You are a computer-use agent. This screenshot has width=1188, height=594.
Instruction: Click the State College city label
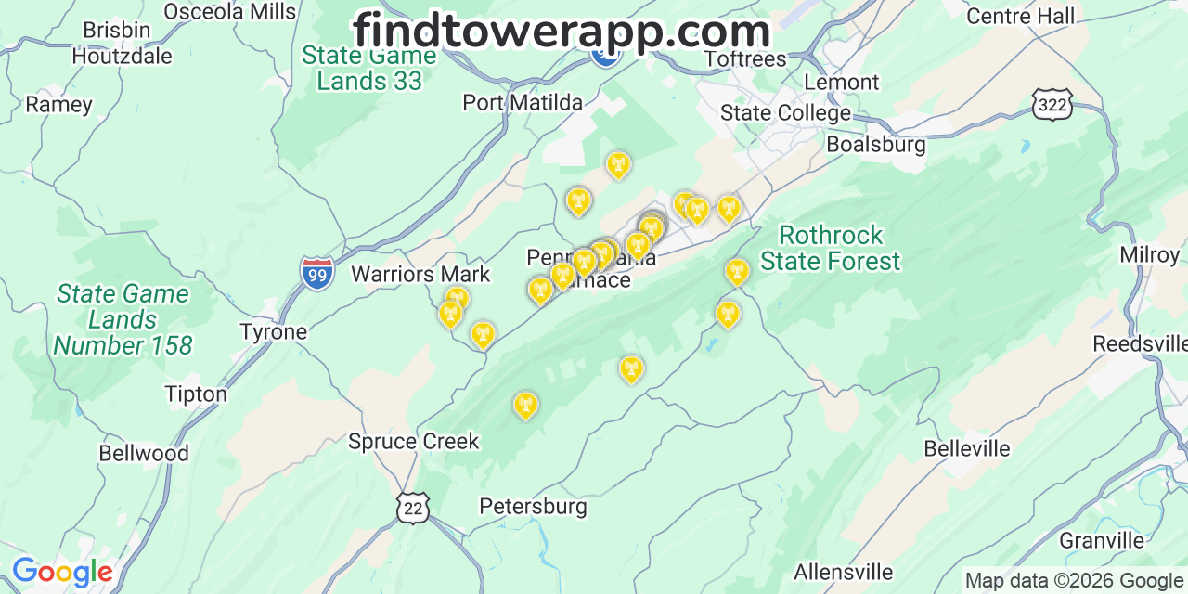coord(785,113)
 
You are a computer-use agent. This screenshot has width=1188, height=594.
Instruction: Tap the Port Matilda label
coord(523,102)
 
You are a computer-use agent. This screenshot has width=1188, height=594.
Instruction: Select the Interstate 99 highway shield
coord(317,273)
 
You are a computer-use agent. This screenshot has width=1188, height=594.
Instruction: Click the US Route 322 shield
coord(1052,105)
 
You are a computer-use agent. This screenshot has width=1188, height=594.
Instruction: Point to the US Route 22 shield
coord(412,507)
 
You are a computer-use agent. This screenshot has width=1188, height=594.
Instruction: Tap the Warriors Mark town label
coord(420,274)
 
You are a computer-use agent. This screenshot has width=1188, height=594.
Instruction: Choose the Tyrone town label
coord(273,331)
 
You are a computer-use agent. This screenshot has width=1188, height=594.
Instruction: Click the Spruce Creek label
coord(413,441)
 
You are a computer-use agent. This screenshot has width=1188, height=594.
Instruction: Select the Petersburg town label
coord(533,506)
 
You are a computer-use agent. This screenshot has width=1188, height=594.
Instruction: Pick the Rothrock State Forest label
coord(830,248)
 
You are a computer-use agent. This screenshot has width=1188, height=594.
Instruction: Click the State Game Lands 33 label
coord(368,68)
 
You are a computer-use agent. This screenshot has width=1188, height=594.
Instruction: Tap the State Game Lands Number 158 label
coord(123,320)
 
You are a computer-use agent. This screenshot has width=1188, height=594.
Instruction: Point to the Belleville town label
coord(966,449)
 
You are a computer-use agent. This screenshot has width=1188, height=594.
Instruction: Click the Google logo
coord(62,572)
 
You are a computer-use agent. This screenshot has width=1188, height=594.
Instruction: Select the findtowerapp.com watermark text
coord(562,31)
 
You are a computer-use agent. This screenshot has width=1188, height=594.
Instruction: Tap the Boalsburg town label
coord(875,145)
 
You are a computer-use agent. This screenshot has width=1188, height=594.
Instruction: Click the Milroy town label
coord(1149,254)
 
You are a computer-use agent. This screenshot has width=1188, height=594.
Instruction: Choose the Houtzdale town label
coord(122,56)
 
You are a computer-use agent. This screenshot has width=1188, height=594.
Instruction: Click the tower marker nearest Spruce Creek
coord(525,405)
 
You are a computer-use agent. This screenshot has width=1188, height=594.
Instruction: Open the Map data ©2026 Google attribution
coord(1074,581)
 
